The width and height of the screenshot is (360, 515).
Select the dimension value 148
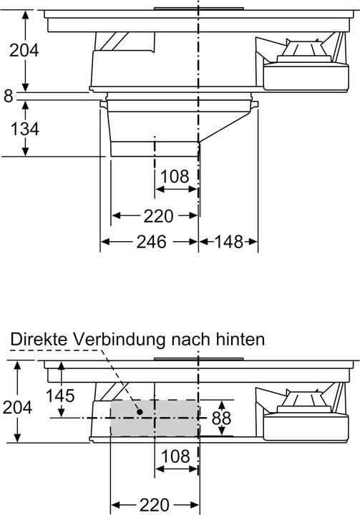(x=229, y=242)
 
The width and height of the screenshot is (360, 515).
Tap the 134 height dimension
(x=24, y=129)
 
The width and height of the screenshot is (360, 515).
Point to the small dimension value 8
(x=8, y=95)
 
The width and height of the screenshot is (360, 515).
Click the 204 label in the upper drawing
(x=24, y=50)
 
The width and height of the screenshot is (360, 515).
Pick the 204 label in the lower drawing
(x=16, y=407)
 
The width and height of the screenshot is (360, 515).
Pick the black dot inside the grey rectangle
(x=138, y=411)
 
